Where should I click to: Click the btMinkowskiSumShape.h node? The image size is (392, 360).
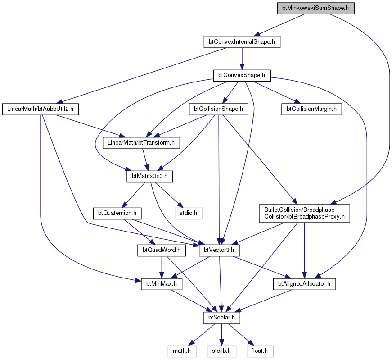point(316,8)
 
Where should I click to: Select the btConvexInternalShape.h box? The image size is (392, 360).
point(242,42)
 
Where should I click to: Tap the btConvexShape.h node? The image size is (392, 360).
point(242,75)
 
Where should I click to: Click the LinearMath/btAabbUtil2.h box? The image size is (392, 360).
point(40,109)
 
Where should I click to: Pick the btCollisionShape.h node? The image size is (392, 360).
point(218,109)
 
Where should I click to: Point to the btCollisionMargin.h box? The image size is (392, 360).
point(311,109)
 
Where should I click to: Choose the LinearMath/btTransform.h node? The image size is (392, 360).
point(141,143)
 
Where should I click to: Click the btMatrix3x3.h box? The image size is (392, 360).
point(149,176)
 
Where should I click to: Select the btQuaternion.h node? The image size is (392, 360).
point(117,213)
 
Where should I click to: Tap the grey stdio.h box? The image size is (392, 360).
point(188,213)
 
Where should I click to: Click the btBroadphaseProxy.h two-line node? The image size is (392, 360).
point(304,213)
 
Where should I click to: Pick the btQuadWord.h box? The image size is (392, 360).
point(162,250)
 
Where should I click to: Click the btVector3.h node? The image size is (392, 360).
point(219,250)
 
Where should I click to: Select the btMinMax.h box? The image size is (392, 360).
point(162,284)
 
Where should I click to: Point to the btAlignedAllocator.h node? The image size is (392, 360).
point(304,284)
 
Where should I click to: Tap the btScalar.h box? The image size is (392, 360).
point(221,318)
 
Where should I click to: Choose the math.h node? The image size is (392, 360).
point(182,351)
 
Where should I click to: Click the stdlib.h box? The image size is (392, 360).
point(221,351)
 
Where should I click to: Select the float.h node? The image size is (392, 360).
point(260,351)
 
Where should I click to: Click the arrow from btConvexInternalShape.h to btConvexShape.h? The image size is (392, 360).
point(242,59)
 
